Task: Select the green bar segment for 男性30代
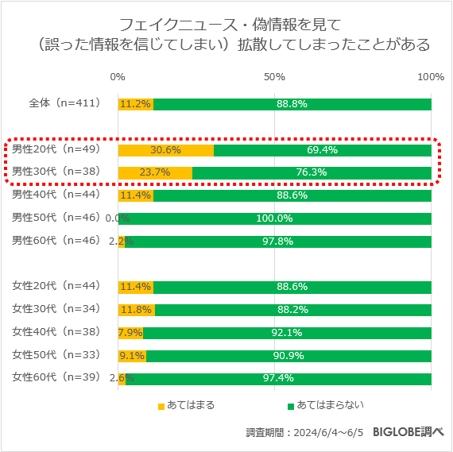click(x=312, y=173)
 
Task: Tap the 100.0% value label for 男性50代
click(x=274, y=218)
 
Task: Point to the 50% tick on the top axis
click(x=274, y=77)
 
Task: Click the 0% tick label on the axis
click(x=118, y=77)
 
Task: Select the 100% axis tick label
click(x=431, y=77)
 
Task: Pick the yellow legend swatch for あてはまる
click(x=161, y=406)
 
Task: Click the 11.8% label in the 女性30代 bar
click(x=135, y=310)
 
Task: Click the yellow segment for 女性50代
click(x=132, y=355)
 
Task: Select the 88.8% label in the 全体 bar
click(x=292, y=104)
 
